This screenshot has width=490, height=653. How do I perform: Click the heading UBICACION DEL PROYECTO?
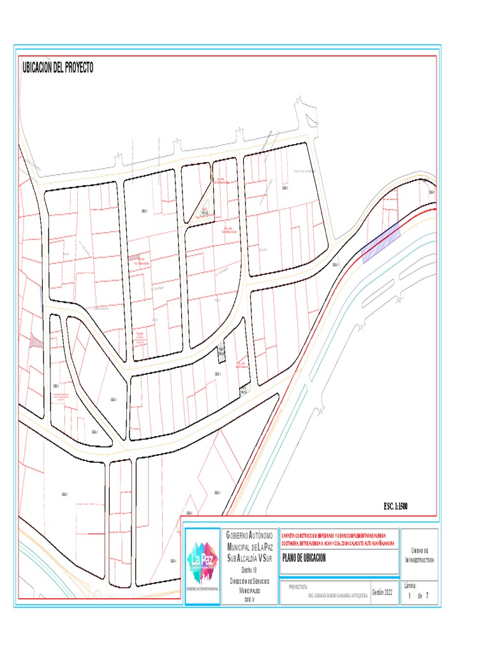tap(58, 68)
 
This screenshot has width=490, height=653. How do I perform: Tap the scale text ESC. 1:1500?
tap(395, 506)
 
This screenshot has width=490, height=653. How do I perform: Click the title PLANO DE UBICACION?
tap(304, 558)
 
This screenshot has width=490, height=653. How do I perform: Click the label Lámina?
tap(412, 585)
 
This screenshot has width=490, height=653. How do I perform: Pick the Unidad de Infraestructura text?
tap(419, 555)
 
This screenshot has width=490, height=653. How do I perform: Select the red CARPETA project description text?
tap(338, 539)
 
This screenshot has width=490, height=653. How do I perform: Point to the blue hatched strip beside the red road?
tap(381, 242)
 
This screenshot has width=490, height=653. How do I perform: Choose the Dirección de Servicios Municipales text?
tap(249, 586)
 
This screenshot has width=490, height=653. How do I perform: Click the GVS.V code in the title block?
tap(249, 599)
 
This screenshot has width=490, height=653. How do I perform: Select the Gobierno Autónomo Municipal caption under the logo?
tap(202, 588)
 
